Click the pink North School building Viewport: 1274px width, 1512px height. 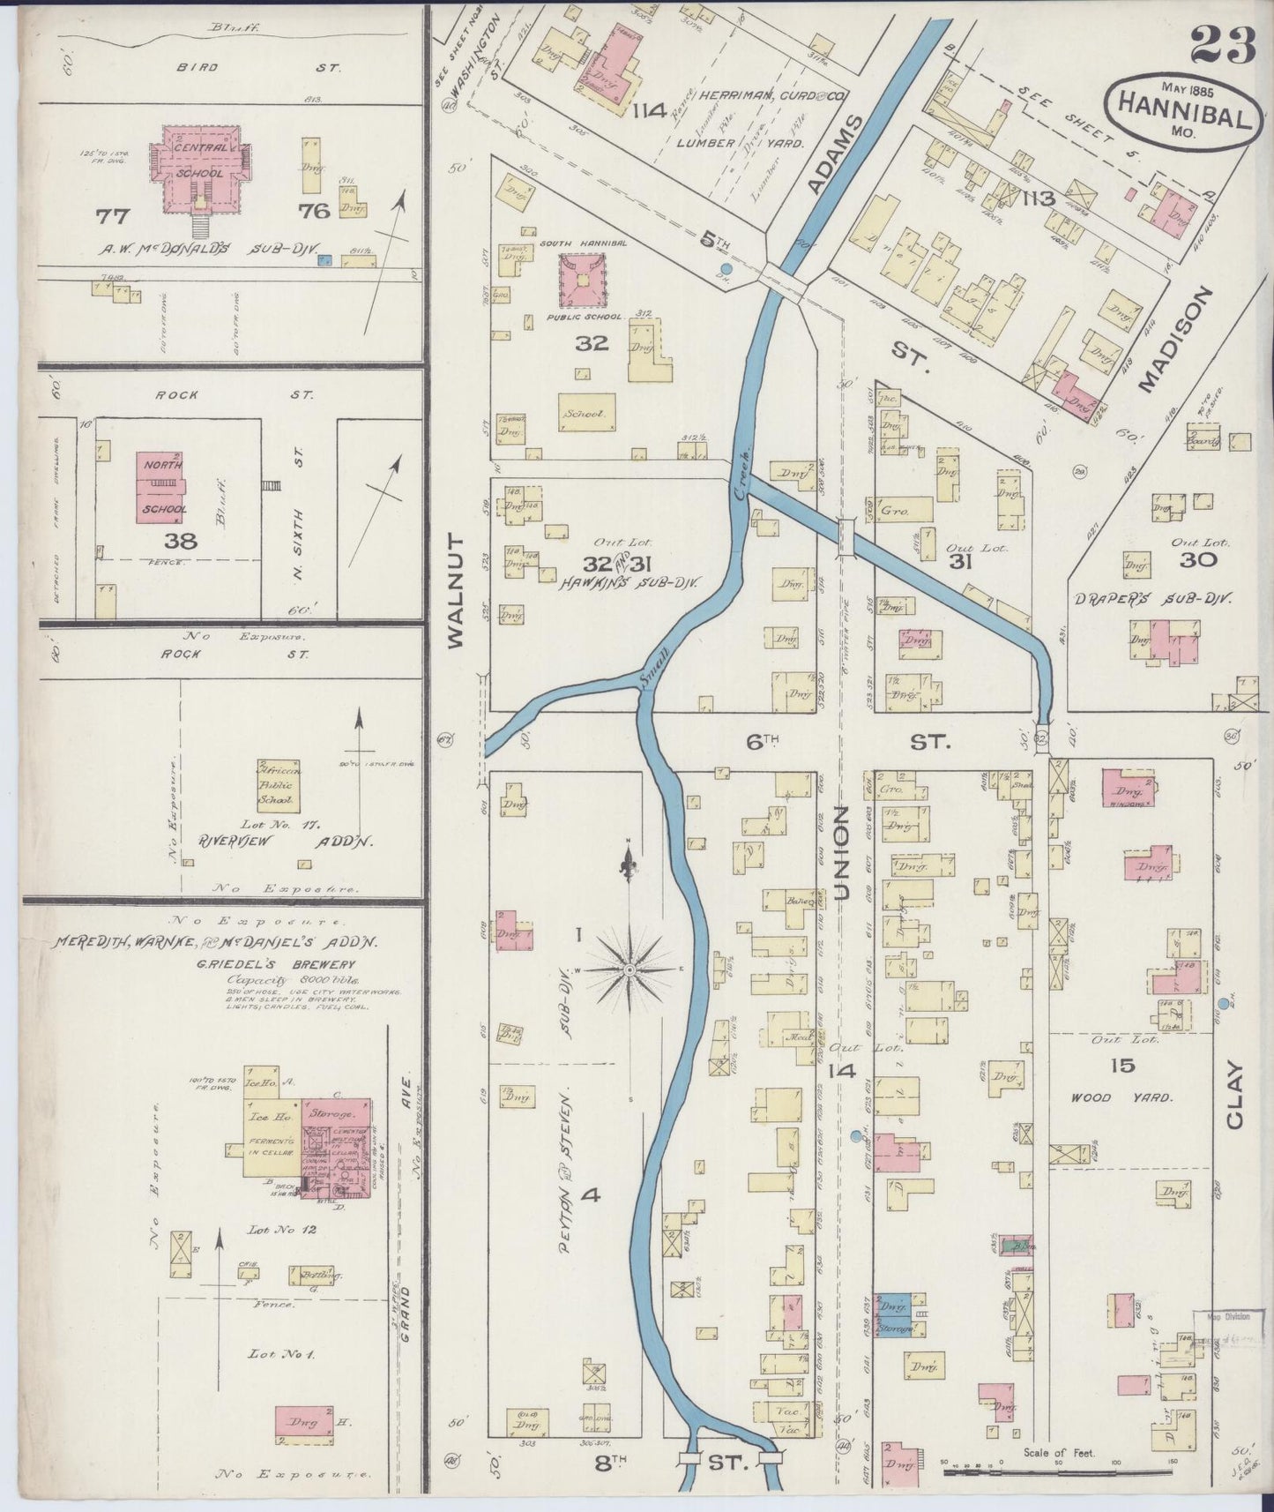(161, 487)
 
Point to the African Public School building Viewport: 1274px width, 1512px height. (279, 785)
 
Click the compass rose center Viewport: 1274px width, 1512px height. (630, 969)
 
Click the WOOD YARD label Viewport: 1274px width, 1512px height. (1121, 1098)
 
